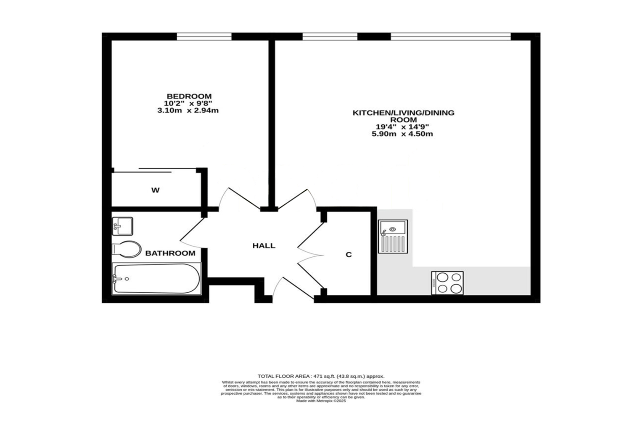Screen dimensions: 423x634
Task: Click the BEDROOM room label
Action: (x=189, y=96)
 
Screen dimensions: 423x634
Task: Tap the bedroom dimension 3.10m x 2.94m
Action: (x=188, y=111)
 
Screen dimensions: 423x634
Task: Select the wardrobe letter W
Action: (x=156, y=190)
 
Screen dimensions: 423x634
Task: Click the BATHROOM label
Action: (x=170, y=253)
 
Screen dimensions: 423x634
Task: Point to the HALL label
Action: (x=264, y=246)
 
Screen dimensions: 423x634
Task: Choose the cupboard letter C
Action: (x=349, y=255)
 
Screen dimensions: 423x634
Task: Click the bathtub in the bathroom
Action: (x=156, y=279)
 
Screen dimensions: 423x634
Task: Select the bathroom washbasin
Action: (x=123, y=226)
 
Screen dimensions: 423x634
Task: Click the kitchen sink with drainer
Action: (x=393, y=236)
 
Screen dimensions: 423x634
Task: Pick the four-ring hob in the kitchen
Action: (x=447, y=283)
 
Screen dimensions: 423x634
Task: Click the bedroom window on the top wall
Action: (x=204, y=37)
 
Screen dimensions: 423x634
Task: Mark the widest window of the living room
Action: (x=451, y=37)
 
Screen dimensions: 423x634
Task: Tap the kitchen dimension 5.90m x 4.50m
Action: (x=402, y=134)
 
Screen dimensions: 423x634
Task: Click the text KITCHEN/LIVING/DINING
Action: (x=404, y=113)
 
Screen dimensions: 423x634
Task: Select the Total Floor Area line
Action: (x=321, y=376)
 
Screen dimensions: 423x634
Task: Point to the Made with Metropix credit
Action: (x=321, y=401)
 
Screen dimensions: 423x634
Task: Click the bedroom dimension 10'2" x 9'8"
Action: (x=188, y=104)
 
